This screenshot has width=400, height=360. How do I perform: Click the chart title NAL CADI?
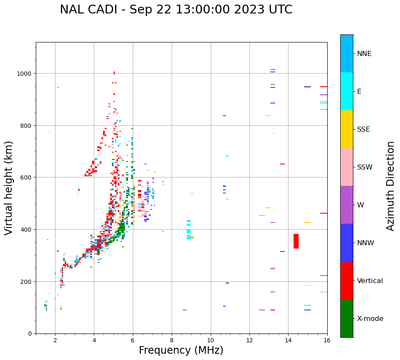pyautogui.click(x=176, y=10)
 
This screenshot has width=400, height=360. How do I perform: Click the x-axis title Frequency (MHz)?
pyautogui.click(x=181, y=350)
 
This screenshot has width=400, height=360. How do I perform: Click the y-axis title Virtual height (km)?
pyautogui.click(x=9, y=188)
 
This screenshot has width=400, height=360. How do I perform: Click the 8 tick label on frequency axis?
pyautogui.click(x=172, y=340)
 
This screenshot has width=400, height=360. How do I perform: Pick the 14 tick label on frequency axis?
pyautogui.click(x=288, y=340)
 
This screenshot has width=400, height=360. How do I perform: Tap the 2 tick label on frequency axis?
pyautogui.click(x=55, y=340)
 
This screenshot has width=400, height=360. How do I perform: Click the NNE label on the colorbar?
pyautogui.click(x=364, y=54)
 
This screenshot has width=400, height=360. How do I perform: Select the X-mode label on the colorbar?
pyautogui.click(x=370, y=319)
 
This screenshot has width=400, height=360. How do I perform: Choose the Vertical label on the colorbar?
pyautogui.click(x=370, y=281)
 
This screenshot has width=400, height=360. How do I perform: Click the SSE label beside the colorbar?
pyautogui.click(x=363, y=130)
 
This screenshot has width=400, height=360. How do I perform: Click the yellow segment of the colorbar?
pyautogui.click(x=347, y=129)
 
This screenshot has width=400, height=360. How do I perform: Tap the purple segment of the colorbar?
pyautogui.click(x=347, y=205)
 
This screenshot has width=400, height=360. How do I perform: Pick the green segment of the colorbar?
pyautogui.click(x=347, y=318)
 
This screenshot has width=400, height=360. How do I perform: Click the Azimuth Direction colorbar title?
pyautogui.click(x=391, y=186)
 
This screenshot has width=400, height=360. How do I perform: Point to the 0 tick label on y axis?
pyautogui.click(x=29, y=334)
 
